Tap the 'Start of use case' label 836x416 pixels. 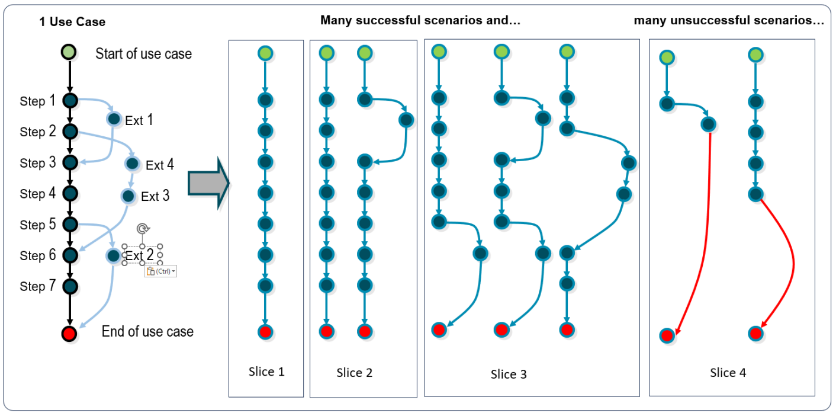click(143, 54)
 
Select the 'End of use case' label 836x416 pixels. click(147, 331)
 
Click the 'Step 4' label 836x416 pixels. click(38, 194)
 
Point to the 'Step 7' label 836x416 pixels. click(38, 286)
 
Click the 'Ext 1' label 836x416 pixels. click(139, 120)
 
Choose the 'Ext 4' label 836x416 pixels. click(160, 165)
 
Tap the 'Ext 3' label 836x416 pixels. click(155, 196)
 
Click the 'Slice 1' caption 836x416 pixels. click(266, 372)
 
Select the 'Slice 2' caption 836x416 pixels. click(354, 373)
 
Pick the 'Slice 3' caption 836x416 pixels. click(508, 374)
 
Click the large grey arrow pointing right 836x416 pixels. click(208, 183)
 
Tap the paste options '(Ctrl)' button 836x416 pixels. click(160, 271)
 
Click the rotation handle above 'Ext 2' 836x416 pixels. click(142, 229)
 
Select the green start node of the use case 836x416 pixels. click(70, 53)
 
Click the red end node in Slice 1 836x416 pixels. click(265, 331)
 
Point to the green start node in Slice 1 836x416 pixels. click(265, 54)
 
